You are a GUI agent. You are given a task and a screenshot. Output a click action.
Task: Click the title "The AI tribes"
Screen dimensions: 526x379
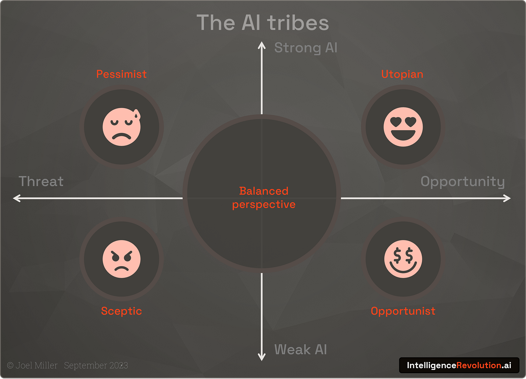[263, 23]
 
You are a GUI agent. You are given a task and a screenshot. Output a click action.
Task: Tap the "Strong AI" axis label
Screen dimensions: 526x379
[306, 48]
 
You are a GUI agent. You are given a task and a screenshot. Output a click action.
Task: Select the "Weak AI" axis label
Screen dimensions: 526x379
[301, 350]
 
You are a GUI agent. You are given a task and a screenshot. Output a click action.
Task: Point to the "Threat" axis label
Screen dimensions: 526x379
[41, 181]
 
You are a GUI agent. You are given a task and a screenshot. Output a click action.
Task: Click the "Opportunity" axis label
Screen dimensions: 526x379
[462, 182]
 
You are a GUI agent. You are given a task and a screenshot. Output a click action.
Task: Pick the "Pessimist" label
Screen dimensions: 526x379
[121, 74]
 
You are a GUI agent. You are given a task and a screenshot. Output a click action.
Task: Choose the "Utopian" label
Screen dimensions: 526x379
[402, 74]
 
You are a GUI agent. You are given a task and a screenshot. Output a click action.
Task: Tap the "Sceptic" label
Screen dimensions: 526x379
[121, 311]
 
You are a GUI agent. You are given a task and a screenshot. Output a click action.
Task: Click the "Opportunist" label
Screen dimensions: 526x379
[403, 311]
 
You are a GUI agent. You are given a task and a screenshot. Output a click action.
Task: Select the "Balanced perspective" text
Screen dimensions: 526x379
[264, 197]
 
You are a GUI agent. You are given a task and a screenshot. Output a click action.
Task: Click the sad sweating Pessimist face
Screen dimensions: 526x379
[121, 127]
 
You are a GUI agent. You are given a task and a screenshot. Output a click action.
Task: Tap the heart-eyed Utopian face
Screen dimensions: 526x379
[403, 127]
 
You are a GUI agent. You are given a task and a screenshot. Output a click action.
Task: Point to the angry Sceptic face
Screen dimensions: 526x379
[121, 259]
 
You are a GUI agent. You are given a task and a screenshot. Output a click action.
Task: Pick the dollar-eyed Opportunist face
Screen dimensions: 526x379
[403, 259]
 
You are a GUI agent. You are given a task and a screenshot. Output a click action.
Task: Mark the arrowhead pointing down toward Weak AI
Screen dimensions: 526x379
[262, 358]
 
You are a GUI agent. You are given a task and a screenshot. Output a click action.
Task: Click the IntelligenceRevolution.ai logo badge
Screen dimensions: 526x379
[459, 365]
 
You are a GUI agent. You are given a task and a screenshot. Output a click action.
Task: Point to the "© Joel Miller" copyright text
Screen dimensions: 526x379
[32, 366]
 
